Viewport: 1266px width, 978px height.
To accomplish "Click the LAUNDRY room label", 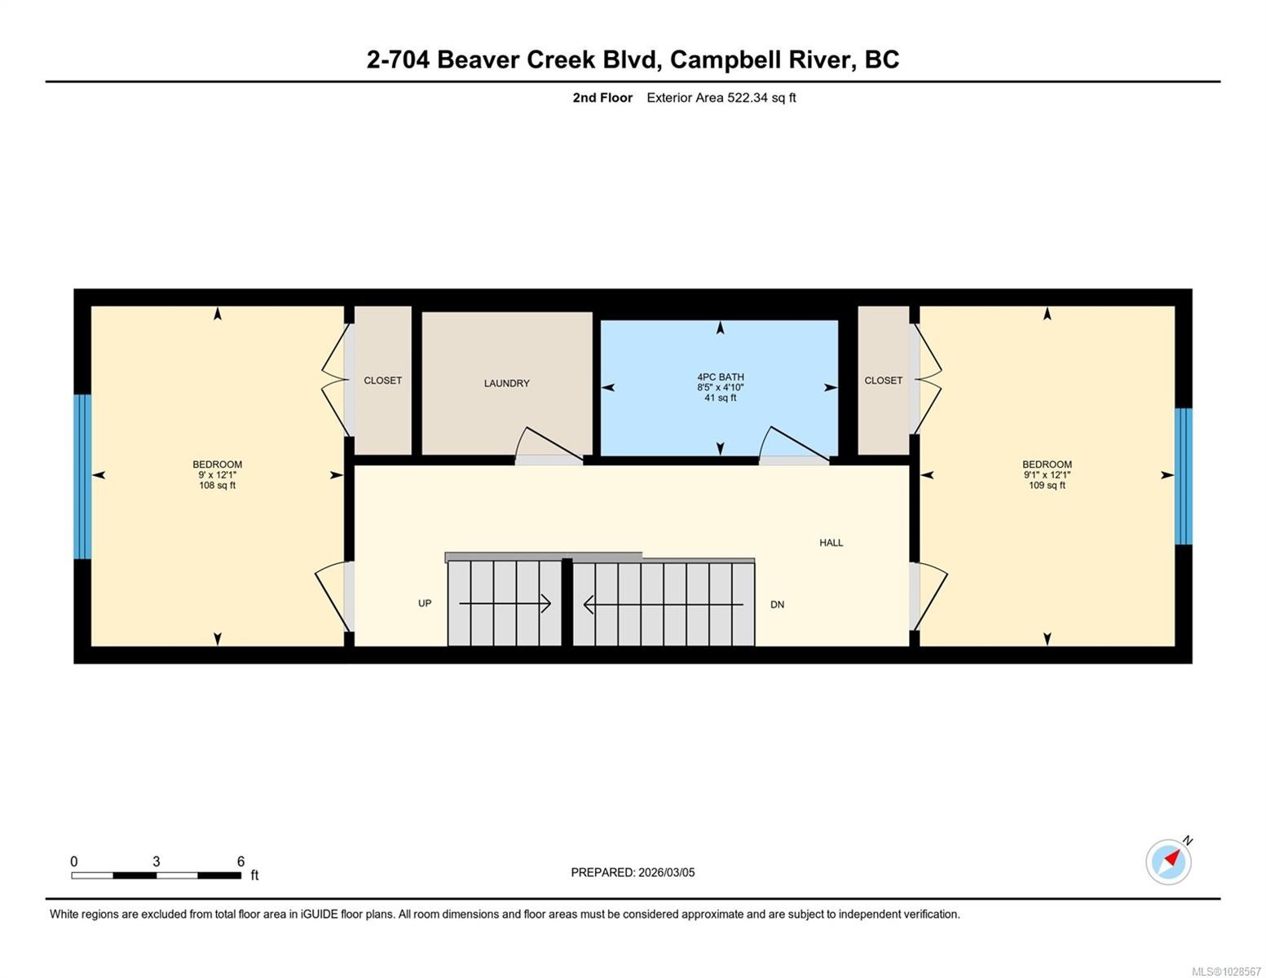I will (506, 383).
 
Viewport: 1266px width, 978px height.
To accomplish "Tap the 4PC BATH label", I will (720, 377).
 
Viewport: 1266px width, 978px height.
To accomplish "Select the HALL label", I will (831, 543).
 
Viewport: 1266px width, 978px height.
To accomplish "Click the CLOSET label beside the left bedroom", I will (382, 381).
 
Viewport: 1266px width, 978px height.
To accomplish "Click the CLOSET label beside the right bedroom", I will (883, 381).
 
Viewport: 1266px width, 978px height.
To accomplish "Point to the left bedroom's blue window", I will (82, 477).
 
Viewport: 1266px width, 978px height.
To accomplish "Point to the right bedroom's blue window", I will (1183, 477).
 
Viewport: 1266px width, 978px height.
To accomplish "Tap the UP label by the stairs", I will (425, 603).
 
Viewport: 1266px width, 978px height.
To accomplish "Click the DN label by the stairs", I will (777, 605).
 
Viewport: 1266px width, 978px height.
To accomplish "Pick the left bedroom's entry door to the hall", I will (333, 596).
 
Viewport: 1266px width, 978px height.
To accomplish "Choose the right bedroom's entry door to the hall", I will (929, 596).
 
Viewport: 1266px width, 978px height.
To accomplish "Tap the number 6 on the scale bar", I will (240, 861).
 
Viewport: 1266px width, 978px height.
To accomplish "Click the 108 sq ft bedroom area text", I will (217, 486).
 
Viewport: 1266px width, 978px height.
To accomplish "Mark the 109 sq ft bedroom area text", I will (1047, 486).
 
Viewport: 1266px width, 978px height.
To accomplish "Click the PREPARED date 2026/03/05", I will (633, 872).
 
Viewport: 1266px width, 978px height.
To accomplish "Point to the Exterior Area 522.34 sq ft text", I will (721, 98).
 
